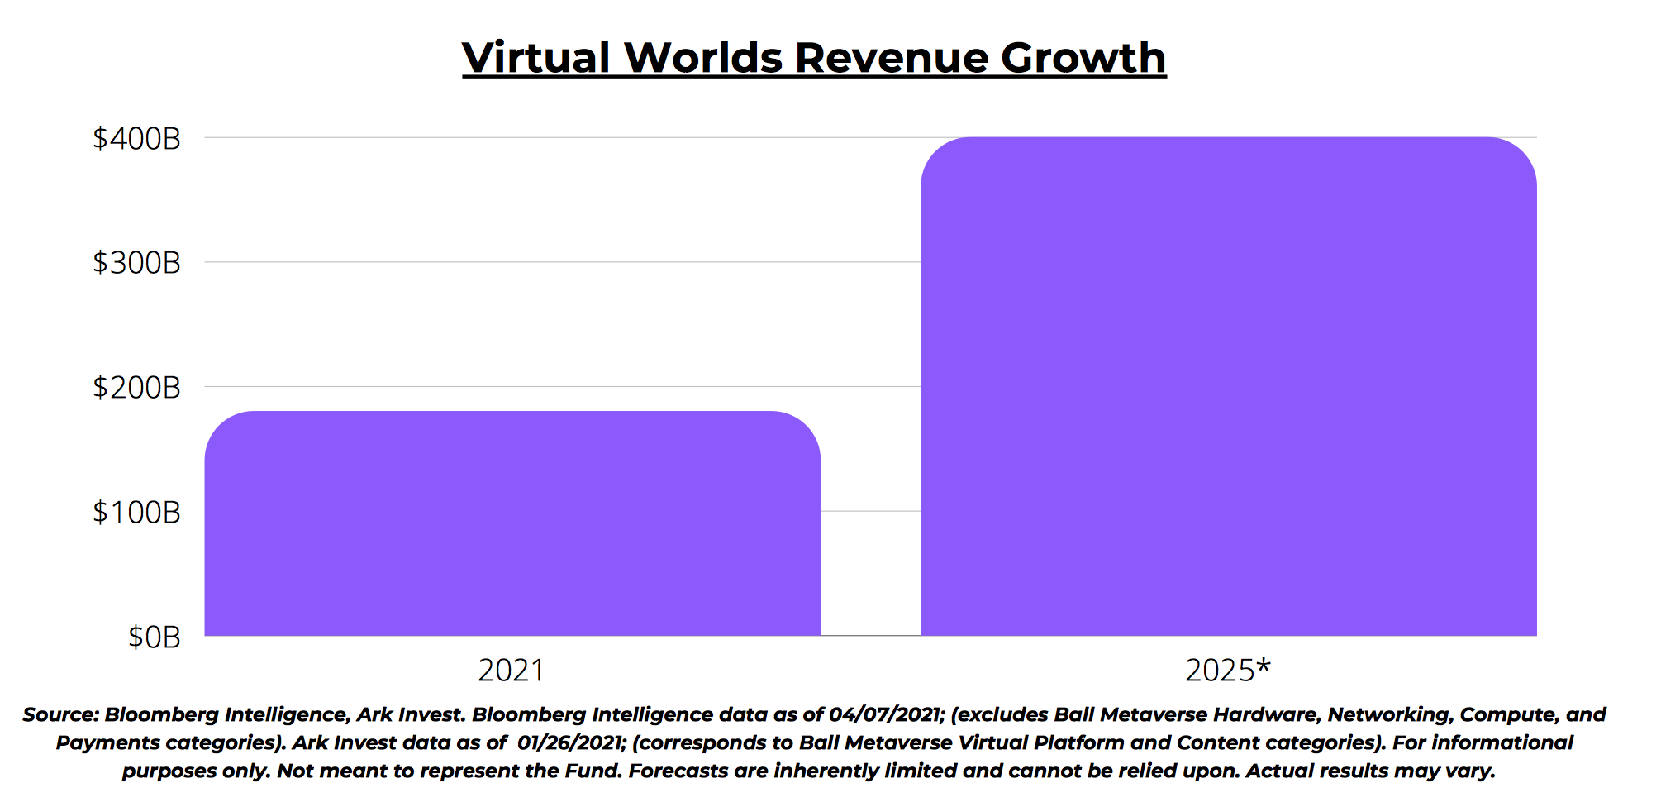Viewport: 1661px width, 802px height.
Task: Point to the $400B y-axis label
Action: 136,138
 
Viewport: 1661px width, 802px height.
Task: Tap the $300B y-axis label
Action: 136,263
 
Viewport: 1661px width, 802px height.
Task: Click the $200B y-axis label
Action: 136,387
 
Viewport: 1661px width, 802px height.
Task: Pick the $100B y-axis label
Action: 136,512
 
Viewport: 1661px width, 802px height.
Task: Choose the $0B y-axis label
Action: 154,637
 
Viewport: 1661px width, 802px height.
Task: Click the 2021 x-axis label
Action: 511,670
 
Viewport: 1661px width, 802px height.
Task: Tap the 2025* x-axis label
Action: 1226,670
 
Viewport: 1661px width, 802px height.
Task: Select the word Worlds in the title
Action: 703,58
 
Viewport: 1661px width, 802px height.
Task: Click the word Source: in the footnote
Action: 60,715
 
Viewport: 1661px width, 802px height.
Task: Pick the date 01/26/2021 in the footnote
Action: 569,742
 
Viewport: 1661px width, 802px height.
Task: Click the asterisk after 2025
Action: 1263,665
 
